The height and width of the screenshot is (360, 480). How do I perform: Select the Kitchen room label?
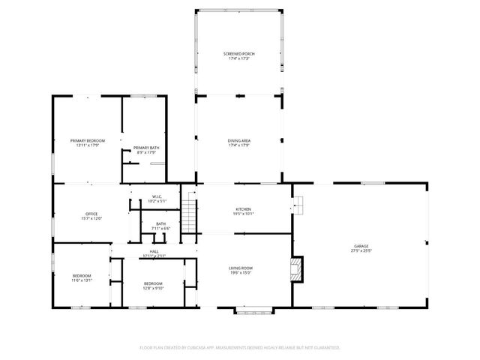pos(243,209)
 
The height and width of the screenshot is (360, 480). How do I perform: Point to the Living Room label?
pos(240,268)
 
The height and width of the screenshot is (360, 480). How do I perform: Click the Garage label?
pos(361,246)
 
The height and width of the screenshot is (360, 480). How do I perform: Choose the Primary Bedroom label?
pos(88,141)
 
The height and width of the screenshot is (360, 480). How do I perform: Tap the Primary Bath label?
pos(146,148)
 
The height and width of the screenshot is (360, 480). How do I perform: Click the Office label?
pos(91,214)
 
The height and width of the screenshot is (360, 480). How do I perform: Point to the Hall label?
pos(154,251)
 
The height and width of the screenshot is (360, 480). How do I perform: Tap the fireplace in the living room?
pos(298,268)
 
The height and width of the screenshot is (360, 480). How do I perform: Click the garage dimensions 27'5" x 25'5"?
pos(361,251)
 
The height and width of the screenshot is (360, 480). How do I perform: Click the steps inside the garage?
pos(299,203)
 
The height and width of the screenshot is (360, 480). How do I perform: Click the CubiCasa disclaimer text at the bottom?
pos(240,348)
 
